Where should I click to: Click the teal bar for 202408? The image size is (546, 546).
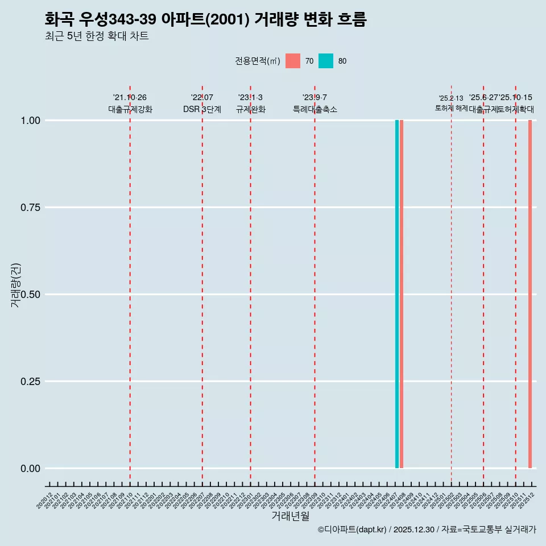point(397,294)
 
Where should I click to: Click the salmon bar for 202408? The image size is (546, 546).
point(402,294)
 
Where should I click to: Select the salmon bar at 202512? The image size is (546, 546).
point(530,294)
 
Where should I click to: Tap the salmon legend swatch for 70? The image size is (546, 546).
point(293,61)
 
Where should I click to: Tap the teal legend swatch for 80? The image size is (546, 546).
point(326,61)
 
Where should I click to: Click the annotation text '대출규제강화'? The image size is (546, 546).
point(130,109)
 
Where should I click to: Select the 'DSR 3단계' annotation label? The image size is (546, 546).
point(202,109)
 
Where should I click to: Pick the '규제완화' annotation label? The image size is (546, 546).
point(251,109)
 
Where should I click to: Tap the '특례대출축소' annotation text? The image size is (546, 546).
point(315,109)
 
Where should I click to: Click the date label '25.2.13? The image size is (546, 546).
point(451,98)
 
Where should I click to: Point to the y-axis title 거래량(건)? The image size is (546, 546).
point(16,286)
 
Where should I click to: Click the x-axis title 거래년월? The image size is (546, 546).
point(290,516)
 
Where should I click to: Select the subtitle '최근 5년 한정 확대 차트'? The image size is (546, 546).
point(97,36)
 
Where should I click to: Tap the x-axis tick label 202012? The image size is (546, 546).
point(45,500)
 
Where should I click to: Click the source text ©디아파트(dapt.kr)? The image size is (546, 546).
point(352,530)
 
